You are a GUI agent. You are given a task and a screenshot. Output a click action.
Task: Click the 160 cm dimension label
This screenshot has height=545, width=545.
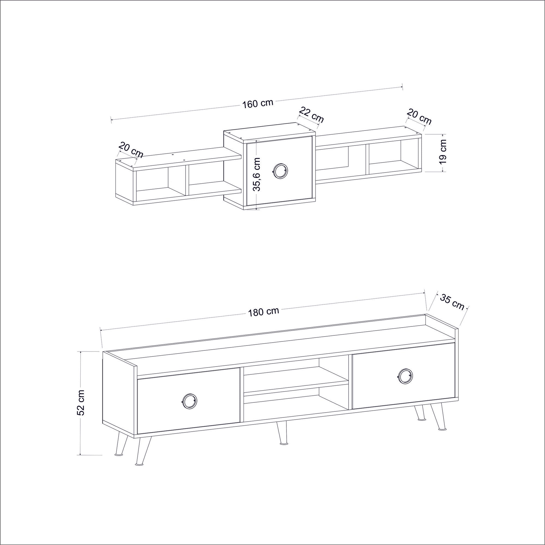click(x=258, y=103)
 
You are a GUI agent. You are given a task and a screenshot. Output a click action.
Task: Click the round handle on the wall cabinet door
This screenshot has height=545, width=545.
click(x=280, y=171)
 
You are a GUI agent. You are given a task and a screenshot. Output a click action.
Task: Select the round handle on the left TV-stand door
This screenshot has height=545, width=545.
click(x=189, y=401)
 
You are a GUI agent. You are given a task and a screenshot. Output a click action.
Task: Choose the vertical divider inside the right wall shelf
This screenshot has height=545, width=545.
click(x=367, y=159)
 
